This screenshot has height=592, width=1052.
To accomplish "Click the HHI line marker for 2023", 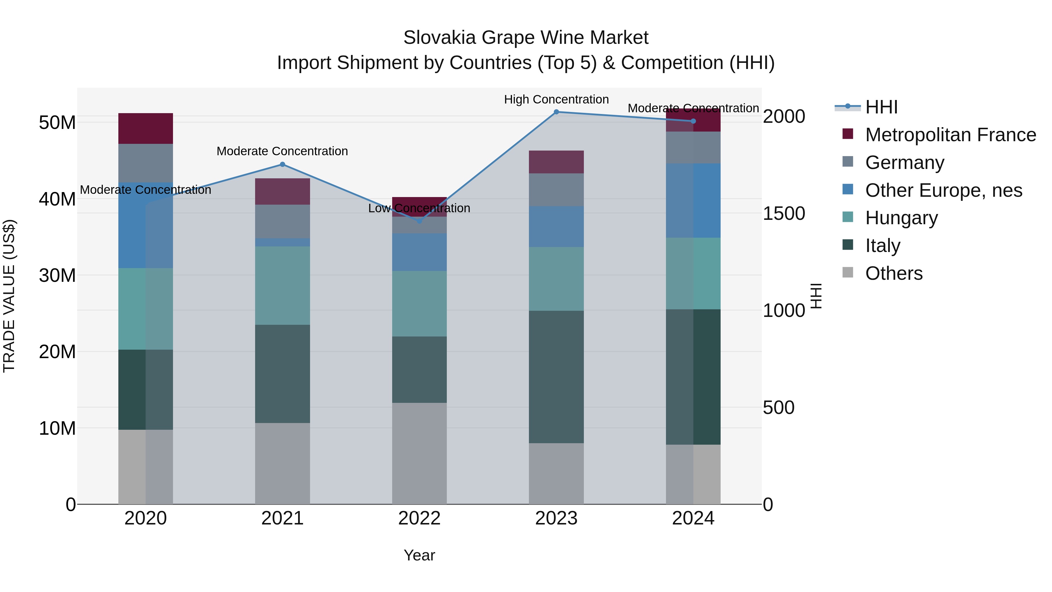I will [x=556, y=112].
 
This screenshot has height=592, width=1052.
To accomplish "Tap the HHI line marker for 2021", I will [x=282, y=165].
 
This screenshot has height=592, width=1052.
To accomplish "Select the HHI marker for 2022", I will [x=419, y=221].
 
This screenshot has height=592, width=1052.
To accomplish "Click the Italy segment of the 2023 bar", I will [x=556, y=377].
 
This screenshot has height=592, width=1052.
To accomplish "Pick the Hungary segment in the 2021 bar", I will [x=282, y=286].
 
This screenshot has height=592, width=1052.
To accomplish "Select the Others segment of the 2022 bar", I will [x=419, y=453].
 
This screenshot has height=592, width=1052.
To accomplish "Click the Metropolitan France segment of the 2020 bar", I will [x=146, y=128].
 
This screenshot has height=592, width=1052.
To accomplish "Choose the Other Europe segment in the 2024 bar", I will [x=693, y=201].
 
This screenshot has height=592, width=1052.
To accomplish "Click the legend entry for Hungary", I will [x=901, y=218].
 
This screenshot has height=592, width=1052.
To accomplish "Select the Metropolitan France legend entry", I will [x=950, y=135].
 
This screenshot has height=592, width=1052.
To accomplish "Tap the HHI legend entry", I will [x=881, y=107].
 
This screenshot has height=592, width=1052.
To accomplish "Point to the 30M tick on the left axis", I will [x=57, y=276].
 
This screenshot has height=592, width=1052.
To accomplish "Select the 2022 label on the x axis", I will [x=419, y=518].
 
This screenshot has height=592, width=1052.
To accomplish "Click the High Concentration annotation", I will [x=556, y=99].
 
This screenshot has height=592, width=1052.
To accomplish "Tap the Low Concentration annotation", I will [x=419, y=208].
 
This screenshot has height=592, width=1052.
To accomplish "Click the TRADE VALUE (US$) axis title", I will [x=9, y=296].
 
